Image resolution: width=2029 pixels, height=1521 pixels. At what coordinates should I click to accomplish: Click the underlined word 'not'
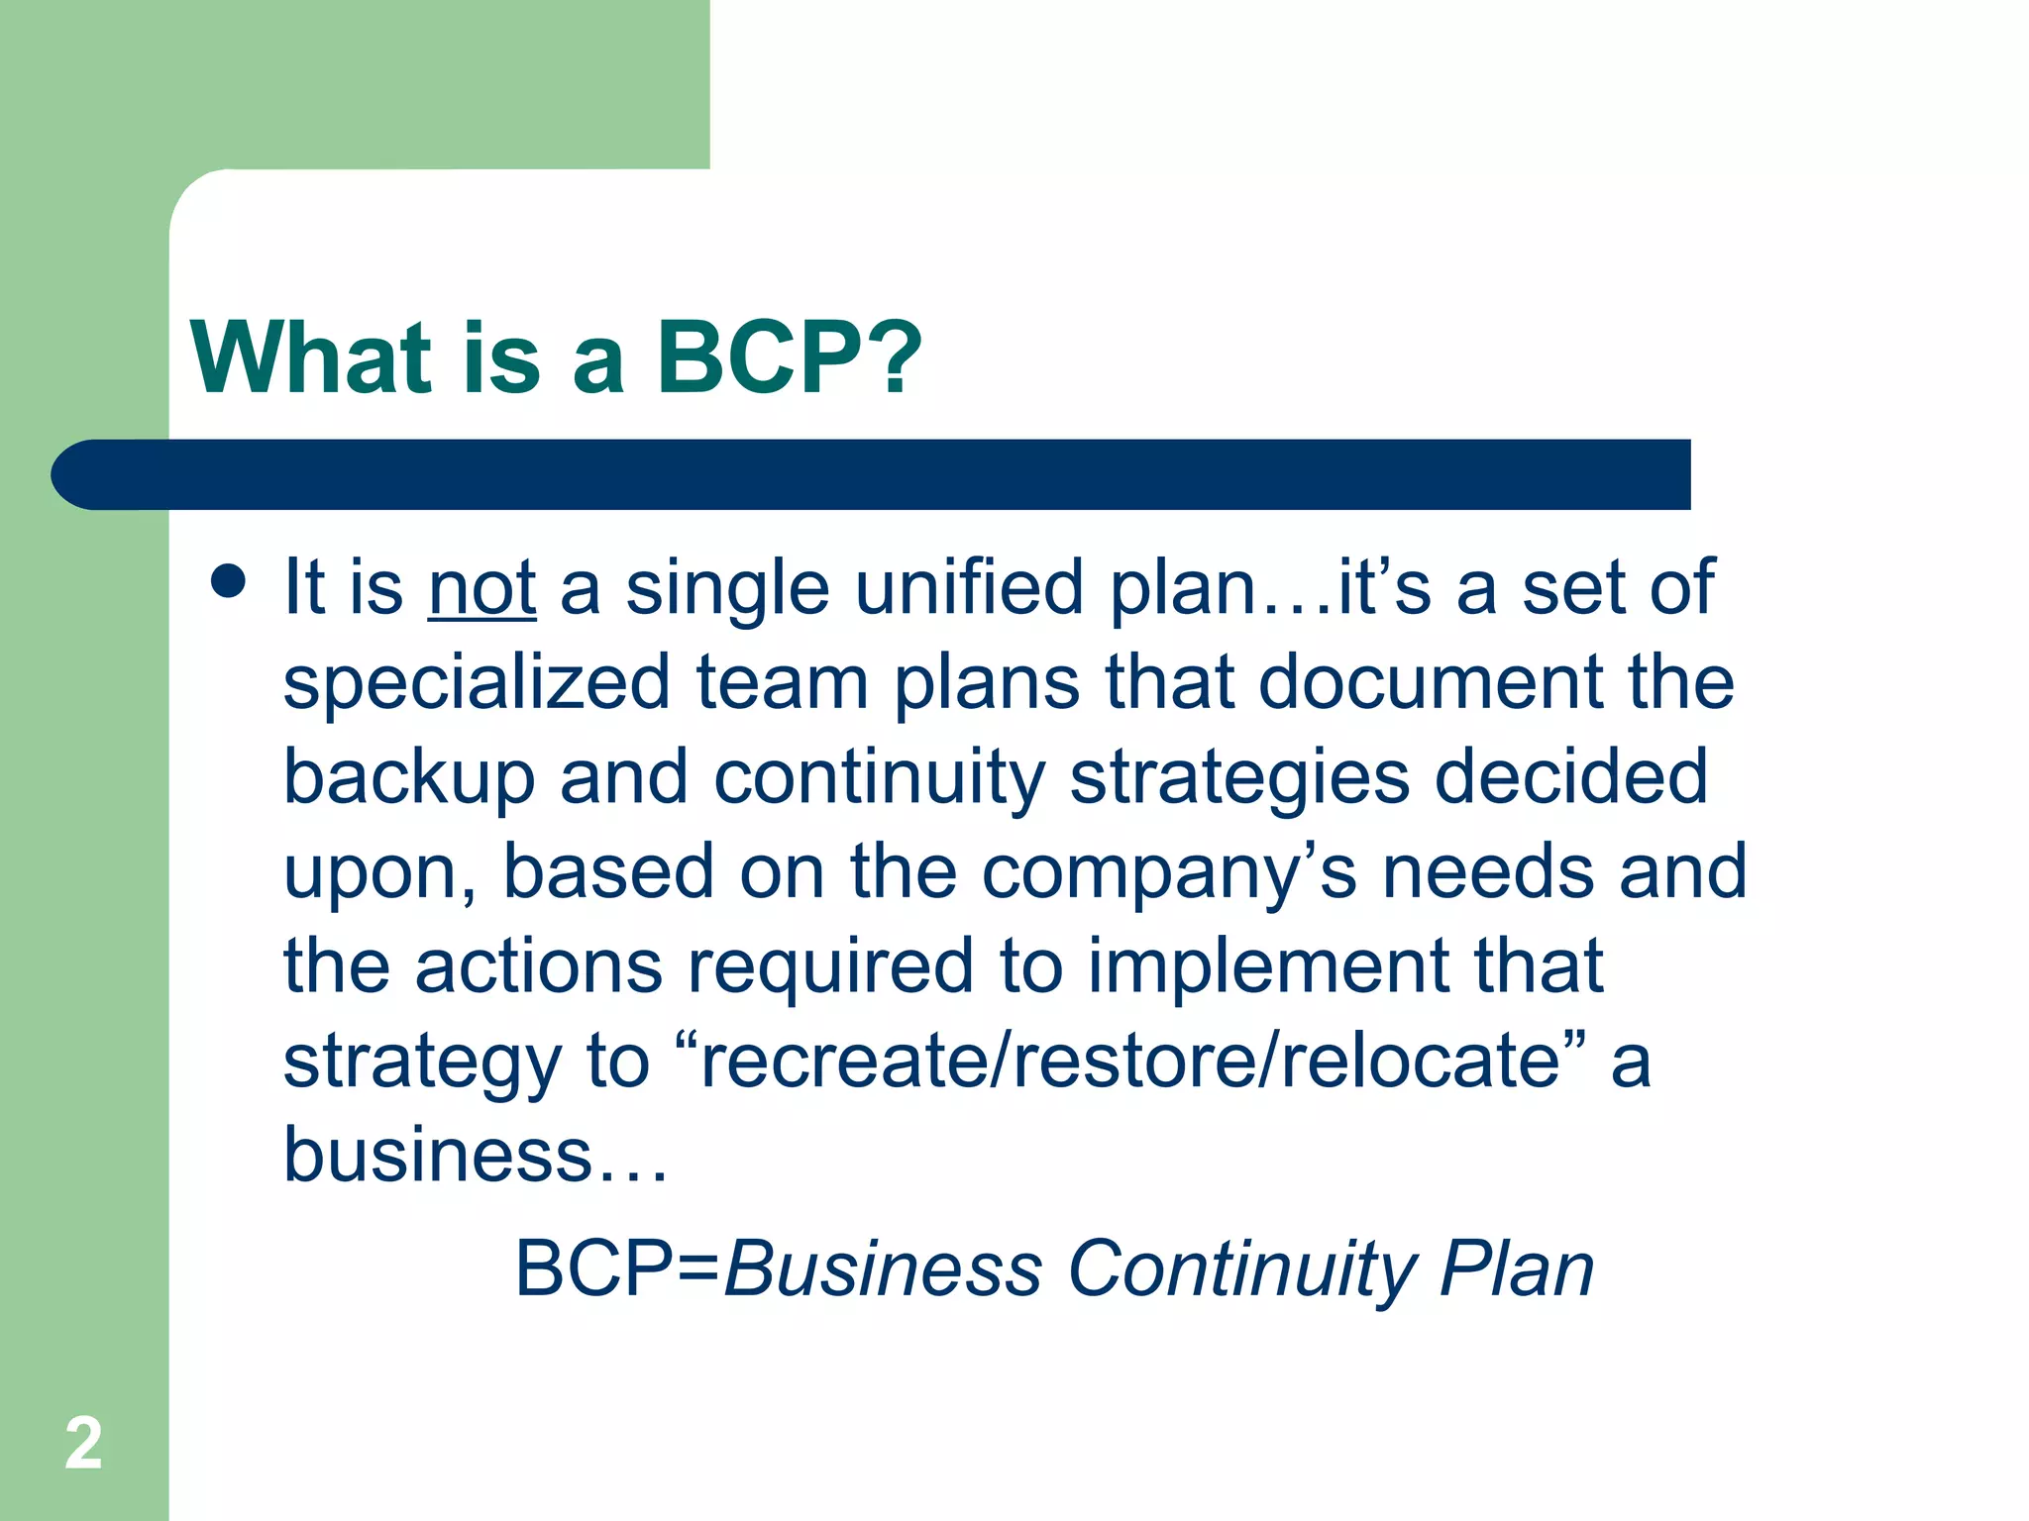(482, 588)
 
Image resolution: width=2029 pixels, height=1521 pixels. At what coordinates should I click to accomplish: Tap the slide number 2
(83, 1444)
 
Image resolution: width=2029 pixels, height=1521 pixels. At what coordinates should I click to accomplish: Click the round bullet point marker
(229, 581)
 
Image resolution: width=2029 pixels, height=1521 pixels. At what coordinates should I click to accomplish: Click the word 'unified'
(969, 588)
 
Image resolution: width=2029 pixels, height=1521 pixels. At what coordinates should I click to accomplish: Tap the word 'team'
(783, 683)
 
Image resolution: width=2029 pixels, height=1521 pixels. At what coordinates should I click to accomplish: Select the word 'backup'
(409, 778)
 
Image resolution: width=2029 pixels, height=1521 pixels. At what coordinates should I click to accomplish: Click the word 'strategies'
(1239, 778)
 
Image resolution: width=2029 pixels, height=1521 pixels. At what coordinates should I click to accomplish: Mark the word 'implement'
(1268, 967)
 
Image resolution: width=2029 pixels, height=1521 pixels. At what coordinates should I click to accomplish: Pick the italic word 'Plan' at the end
(1517, 1268)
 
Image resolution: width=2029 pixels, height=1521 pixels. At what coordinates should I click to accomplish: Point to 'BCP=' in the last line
(617, 1268)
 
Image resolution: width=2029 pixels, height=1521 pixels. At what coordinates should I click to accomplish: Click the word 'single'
(727, 590)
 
